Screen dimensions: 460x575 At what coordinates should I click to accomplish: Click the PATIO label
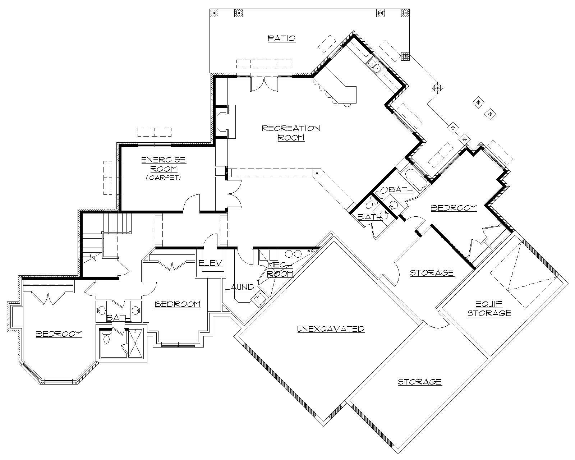(x=282, y=38)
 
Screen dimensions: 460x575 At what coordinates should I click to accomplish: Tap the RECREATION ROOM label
(x=291, y=133)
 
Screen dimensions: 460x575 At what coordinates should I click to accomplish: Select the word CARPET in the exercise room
(x=163, y=178)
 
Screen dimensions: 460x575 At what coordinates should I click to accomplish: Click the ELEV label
(x=211, y=263)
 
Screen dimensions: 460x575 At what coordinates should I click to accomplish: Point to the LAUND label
(x=240, y=287)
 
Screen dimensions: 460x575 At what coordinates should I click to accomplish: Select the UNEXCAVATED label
(x=331, y=329)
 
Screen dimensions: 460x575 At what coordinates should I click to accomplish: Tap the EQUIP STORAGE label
(x=489, y=309)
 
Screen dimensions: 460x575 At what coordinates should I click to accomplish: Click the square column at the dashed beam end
(x=317, y=173)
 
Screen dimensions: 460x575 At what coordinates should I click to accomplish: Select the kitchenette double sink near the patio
(x=374, y=65)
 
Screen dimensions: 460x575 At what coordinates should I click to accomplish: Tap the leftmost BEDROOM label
(x=59, y=334)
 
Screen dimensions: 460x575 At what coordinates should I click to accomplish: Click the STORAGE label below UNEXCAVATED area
(x=420, y=382)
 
